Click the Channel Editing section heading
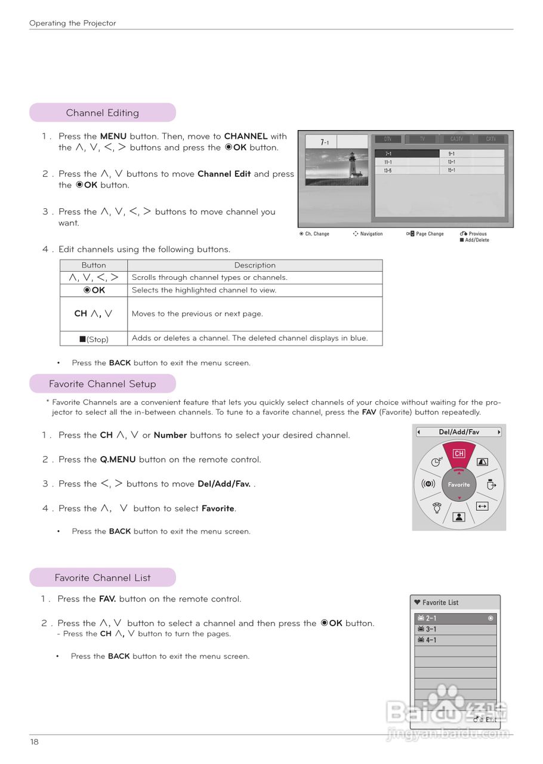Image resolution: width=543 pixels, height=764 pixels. [103, 113]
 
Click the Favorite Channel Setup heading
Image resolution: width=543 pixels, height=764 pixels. [103, 384]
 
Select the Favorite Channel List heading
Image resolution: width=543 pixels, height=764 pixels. [103, 578]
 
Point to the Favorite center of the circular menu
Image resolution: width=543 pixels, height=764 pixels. [459, 485]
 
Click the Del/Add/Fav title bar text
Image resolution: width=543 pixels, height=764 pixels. [459, 432]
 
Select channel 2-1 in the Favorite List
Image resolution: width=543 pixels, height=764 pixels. [431, 618]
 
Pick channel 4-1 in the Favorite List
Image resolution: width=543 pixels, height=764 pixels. [431, 640]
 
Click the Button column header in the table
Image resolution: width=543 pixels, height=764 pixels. [94, 266]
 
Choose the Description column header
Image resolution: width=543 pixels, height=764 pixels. [255, 266]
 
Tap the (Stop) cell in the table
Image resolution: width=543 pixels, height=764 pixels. [94, 339]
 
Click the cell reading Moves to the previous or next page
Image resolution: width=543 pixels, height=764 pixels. [197, 314]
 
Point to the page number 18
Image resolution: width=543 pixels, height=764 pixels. [34, 742]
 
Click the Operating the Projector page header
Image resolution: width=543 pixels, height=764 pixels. [73, 23]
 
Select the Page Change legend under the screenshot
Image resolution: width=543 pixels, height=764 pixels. [429, 234]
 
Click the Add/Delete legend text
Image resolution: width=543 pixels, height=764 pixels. [477, 240]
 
